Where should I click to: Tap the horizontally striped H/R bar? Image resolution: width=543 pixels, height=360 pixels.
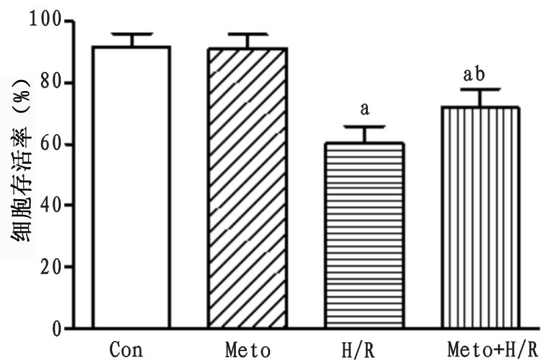[364, 235]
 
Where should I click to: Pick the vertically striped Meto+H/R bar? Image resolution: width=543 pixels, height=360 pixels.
[480, 218]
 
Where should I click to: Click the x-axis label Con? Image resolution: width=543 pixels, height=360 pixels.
[127, 349]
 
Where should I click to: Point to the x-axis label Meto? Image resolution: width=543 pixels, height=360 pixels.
[248, 349]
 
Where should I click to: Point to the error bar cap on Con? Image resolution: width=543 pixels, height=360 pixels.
[131, 34]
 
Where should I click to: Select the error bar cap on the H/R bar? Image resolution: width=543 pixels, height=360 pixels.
[364, 127]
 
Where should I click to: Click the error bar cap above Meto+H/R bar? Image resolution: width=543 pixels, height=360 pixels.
[480, 89]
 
